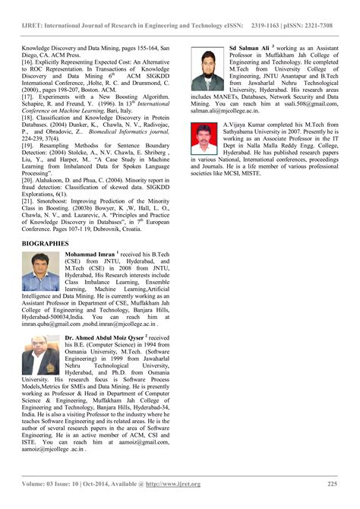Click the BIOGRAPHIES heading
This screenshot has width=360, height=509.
point(46,244)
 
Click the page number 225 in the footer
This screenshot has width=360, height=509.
point(332,484)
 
